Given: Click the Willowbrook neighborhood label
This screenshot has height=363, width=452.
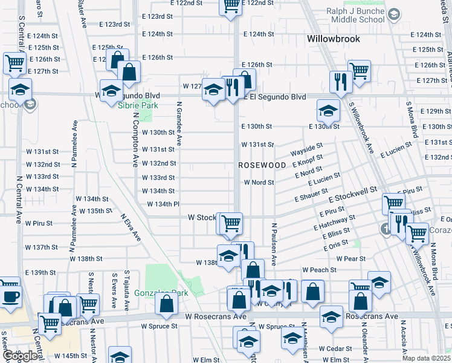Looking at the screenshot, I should tap(333, 39).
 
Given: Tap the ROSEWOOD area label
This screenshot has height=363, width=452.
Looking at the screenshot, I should tap(262, 165).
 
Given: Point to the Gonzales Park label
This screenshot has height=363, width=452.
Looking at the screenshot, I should tap(162, 293).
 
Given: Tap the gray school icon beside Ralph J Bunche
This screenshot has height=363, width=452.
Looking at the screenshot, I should tap(393, 14).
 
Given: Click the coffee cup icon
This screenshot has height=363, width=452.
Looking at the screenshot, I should tap(10, 294).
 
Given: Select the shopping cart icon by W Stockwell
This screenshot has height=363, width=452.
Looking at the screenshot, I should tap(230, 224).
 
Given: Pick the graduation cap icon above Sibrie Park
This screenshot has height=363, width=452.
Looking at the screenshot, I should tap(111, 91).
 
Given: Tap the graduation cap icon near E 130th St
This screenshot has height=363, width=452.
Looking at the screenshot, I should tap(328, 111).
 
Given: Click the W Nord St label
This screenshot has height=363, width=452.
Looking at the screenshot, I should tap(259, 182).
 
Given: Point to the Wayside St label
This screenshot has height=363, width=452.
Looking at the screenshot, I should tap(306, 146).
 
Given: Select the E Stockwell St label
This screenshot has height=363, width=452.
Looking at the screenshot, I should tap(352, 197).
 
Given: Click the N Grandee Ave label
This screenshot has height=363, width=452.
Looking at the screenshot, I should tap(179, 124).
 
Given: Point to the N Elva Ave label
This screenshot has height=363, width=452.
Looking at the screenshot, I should tap(131, 226).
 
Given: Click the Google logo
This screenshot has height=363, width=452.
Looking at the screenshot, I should tap(19, 356).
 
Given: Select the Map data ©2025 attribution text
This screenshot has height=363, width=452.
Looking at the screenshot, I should tap(426, 358).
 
